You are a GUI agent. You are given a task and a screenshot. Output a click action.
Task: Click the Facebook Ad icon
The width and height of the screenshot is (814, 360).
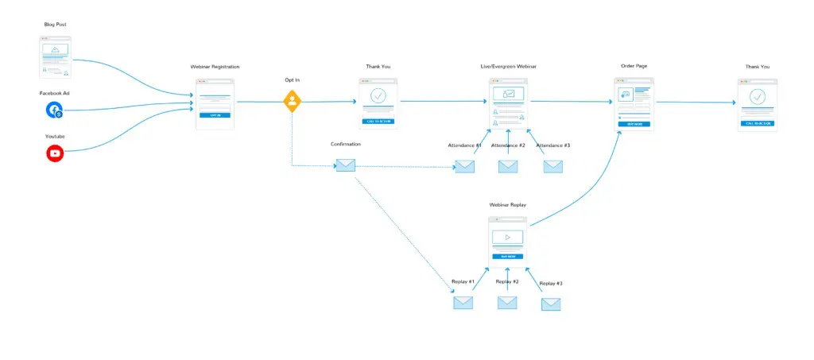54,110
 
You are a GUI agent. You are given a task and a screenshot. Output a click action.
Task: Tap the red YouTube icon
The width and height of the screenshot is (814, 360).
55,154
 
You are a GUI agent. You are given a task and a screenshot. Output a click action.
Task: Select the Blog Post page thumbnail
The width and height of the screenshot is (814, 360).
55,56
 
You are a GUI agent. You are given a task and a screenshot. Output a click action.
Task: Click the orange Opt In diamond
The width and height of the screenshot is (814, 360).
293,101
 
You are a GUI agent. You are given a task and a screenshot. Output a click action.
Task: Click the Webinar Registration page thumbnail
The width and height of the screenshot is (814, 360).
214,103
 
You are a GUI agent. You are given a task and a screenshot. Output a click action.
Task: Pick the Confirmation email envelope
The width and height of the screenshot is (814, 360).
345,165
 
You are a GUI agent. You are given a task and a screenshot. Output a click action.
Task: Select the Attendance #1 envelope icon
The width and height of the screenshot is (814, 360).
464,167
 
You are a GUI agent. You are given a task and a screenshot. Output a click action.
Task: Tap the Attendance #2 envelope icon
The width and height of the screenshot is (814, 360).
508,167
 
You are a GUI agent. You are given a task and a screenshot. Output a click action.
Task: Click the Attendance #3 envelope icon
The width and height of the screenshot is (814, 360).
552,167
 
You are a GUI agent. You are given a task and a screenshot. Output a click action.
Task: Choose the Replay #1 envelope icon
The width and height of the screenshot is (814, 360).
463,303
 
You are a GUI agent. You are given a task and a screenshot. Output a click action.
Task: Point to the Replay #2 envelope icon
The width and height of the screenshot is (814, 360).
507,303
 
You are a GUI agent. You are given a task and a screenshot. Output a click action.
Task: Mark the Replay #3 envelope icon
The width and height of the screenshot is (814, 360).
551,304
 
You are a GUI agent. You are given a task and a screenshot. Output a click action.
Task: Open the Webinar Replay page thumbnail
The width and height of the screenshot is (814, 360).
508,242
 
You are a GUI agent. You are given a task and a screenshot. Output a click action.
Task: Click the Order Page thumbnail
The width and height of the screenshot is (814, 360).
634,103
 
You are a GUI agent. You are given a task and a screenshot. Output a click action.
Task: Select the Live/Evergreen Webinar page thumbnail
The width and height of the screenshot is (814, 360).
509,103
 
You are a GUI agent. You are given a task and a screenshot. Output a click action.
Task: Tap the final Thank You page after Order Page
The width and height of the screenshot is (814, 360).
758,103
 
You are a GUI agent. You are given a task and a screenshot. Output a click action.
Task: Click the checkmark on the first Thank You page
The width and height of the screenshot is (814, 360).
378,95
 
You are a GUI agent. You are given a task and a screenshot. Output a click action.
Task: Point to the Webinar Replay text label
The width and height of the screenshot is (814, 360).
507,205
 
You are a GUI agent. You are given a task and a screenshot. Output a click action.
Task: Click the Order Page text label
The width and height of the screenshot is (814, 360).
634,67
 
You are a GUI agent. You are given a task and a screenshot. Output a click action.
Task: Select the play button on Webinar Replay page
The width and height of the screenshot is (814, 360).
508,237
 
